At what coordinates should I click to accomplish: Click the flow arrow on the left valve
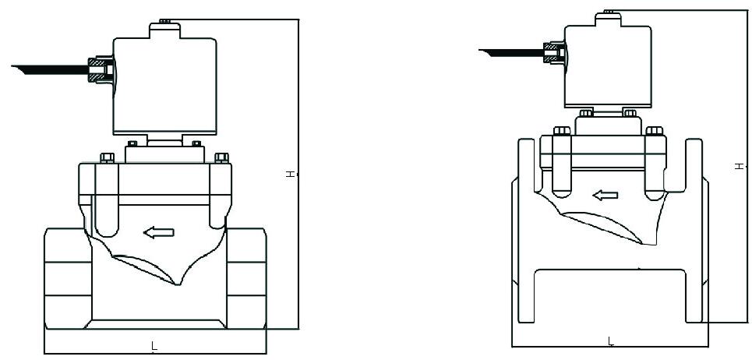pos(159,233)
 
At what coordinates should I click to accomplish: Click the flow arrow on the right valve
pos(605,195)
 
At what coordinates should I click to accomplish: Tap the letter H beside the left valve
pos(290,174)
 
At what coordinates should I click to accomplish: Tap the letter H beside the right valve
pos(740,166)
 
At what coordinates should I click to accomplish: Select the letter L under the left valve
pos(154,344)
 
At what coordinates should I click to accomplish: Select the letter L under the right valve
pos(610,341)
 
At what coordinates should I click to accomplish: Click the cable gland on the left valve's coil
pos(101,69)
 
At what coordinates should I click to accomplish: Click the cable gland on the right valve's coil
pos(554,53)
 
